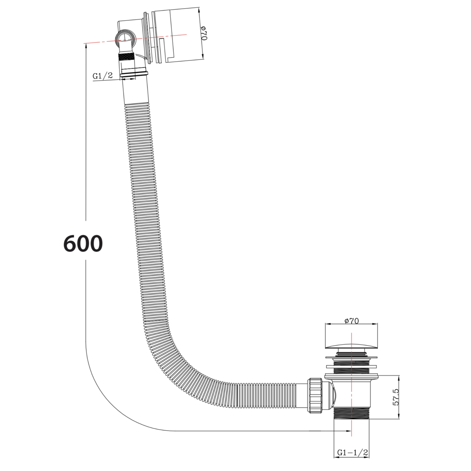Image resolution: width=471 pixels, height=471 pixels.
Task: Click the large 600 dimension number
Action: coord(83,243)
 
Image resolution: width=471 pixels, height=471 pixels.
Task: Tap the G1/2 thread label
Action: coord(102,76)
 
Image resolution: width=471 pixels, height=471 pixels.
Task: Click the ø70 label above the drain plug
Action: coord(351,321)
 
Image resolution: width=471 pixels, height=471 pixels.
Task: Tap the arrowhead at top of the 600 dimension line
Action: coord(86,46)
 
